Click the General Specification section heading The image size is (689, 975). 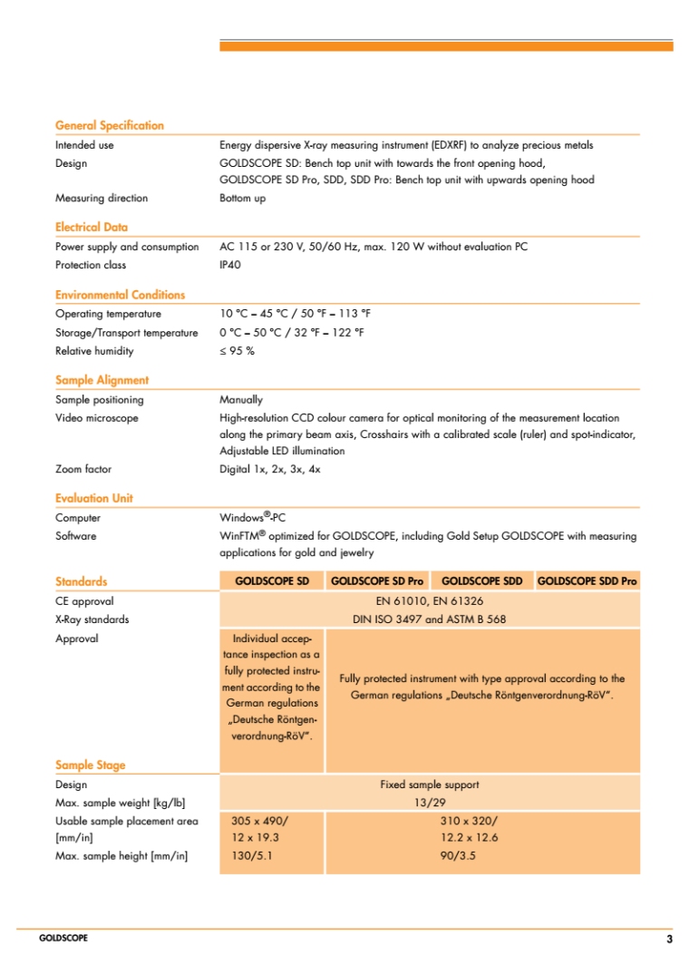(110, 125)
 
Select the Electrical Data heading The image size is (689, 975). (92, 227)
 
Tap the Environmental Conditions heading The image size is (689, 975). (120, 295)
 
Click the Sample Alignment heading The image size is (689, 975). (102, 380)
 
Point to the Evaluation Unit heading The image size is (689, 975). (94, 498)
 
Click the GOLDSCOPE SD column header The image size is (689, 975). (272, 580)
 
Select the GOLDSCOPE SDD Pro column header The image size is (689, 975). (587, 580)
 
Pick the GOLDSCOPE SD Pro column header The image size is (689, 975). (377, 580)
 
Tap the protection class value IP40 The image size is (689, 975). (230, 265)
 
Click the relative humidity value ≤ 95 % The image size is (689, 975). (237, 351)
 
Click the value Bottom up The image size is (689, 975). (242, 198)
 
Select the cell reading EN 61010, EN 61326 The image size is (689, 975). (429, 600)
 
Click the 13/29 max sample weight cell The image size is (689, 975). (429, 803)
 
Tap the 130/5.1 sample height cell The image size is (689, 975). (251, 855)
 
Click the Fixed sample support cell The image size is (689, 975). (429, 785)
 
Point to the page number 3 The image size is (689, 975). (669, 939)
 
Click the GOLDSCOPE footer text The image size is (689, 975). (63, 938)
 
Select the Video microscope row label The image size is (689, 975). (97, 418)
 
